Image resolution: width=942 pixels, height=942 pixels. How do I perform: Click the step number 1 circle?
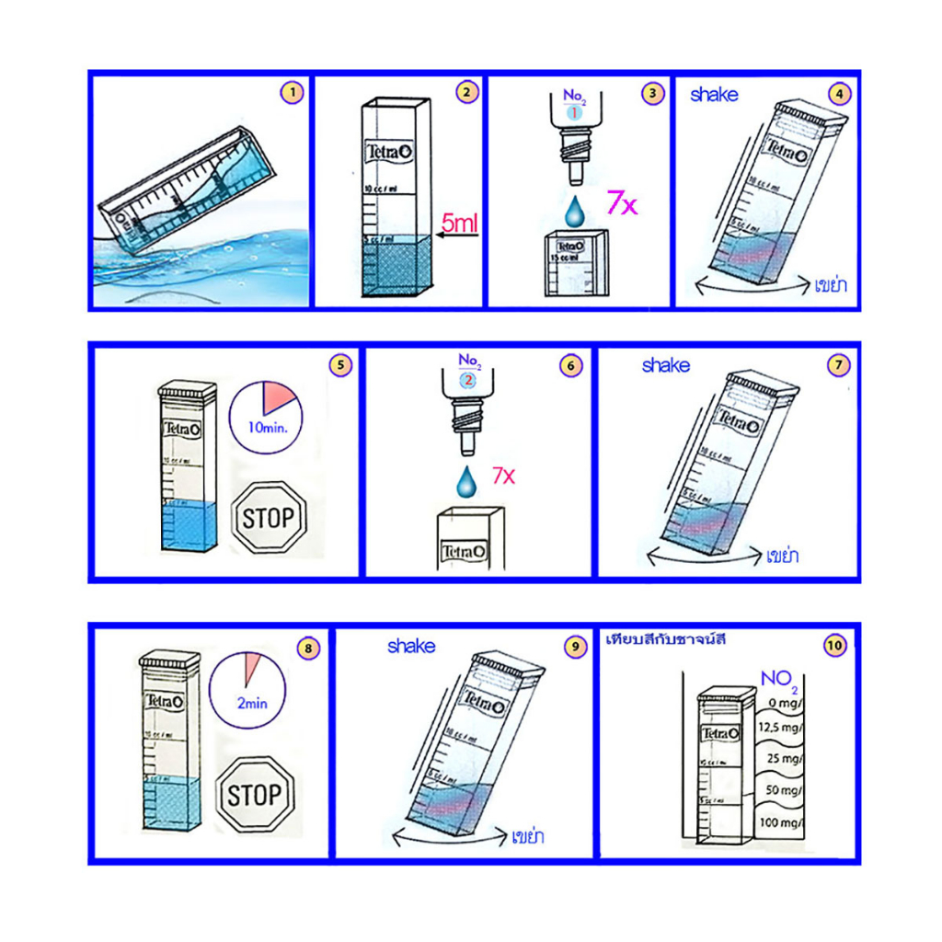coord(292,92)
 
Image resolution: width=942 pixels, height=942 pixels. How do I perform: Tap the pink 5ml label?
coord(459,222)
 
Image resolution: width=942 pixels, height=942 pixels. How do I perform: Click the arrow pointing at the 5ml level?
coord(457,236)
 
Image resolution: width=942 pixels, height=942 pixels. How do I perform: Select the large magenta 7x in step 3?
coord(622,202)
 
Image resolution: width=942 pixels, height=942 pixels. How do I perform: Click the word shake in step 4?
coord(714,94)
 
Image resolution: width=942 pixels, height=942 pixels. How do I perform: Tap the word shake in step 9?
coord(411,647)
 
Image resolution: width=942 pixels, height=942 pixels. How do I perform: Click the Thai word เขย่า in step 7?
coord(782,557)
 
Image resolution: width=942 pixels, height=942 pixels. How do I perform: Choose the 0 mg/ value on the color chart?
coord(785,704)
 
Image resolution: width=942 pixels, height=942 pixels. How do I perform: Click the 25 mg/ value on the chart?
coord(786,760)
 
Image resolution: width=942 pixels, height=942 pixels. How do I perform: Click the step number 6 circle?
coord(571,365)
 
